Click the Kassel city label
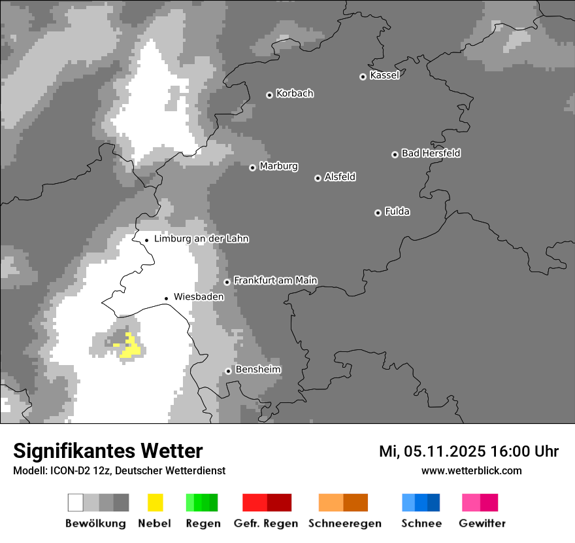(384, 75)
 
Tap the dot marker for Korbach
(269, 95)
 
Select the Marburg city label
(278, 166)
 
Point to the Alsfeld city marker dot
(318, 178)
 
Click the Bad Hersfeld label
(431, 153)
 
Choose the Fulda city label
(397, 211)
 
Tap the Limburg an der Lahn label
(201, 239)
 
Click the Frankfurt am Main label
(275, 280)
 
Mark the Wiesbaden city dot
(167, 298)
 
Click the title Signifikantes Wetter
(108, 451)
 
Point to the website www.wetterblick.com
(471, 470)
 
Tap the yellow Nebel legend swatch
(155, 502)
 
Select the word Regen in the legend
(202, 523)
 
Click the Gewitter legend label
(482, 523)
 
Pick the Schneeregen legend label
(344, 523)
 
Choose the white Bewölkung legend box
(75, 502)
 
